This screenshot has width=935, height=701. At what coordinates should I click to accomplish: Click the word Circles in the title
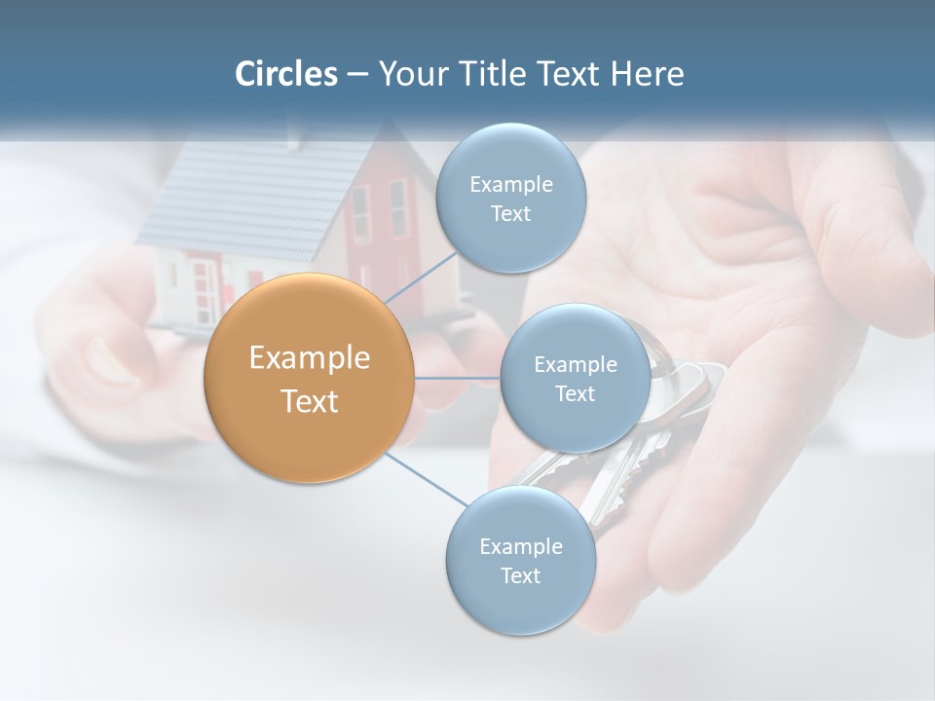coord(285,74)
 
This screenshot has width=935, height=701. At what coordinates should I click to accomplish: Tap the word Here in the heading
coord(647,74)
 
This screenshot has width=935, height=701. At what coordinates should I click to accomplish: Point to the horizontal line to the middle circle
coord(458,377)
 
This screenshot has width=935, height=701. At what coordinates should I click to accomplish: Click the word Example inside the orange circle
coord(309,358)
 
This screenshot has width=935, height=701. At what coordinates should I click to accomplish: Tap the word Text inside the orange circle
coord(309,401)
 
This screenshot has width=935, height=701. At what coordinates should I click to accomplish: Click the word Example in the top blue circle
coord(510,185)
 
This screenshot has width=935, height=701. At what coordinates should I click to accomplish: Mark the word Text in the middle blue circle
coord(575,393)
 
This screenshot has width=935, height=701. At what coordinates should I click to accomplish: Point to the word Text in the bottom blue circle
coord(520,575)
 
